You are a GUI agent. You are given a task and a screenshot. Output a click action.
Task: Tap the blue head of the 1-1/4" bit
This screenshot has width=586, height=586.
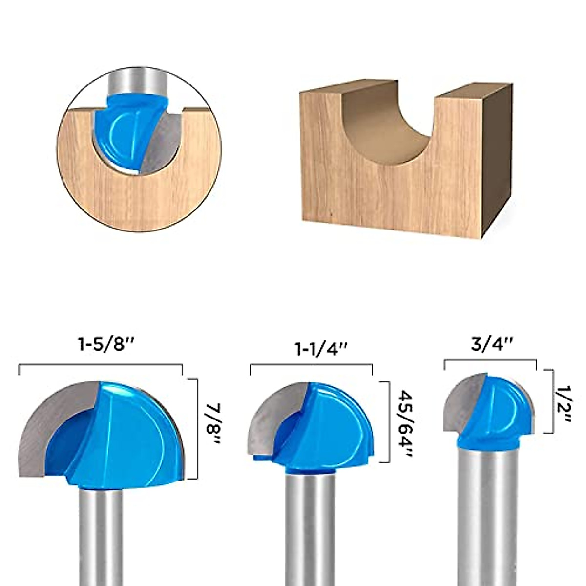click(x=332, y=430)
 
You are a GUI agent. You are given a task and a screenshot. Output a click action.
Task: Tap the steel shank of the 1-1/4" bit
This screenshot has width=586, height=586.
click(x=310, y=532)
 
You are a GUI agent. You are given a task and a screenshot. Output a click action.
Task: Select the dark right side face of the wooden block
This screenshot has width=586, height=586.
click(x=498, y=156)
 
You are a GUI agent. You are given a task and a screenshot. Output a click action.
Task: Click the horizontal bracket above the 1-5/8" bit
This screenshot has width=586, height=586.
click(x=100, y=365)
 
